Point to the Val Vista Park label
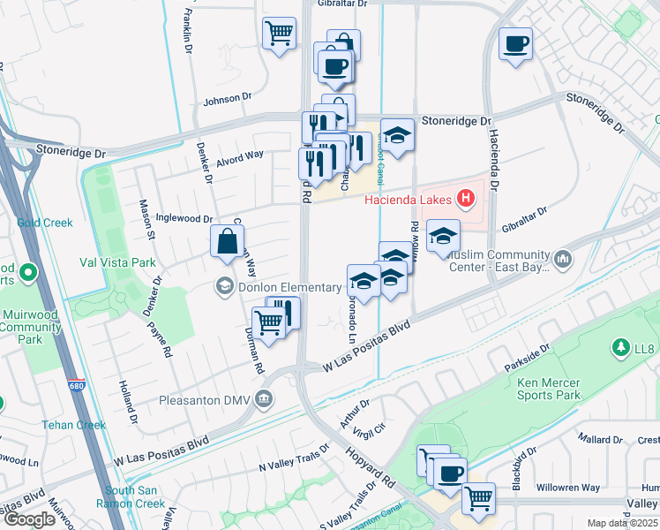coord(117,262)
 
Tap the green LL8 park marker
coord(622,348)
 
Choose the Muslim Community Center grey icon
coord(563,259)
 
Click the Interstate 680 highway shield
coord(78,386)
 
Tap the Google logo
coord(29,519)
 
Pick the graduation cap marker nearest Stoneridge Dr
coord(398,135)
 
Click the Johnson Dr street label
coord(229,100)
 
